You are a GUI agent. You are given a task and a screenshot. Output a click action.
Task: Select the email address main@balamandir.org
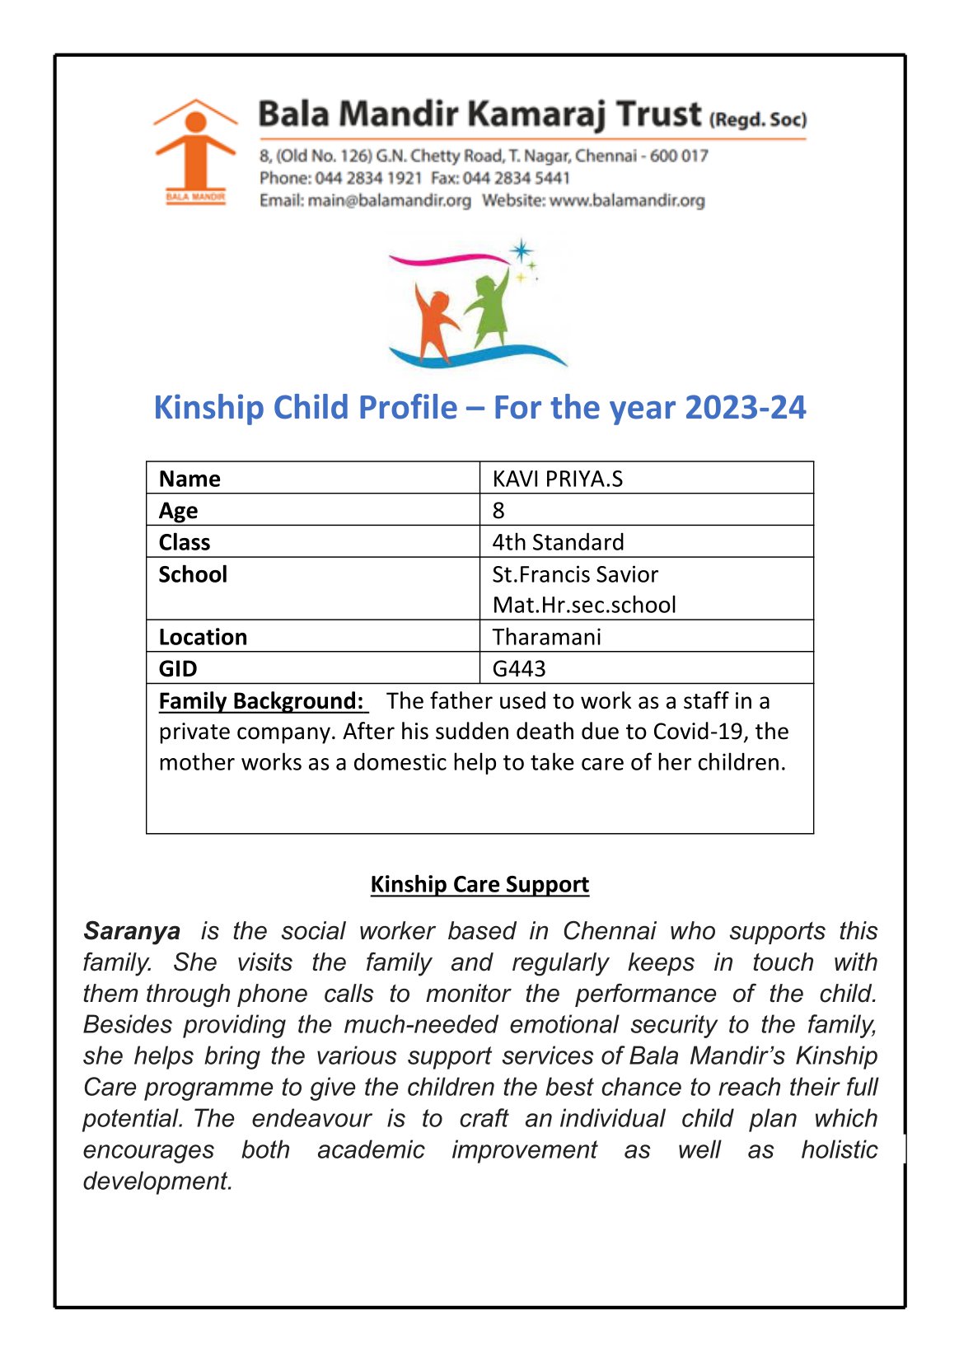tap(389, 200)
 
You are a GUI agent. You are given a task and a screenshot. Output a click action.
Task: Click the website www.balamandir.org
tap(627, 200)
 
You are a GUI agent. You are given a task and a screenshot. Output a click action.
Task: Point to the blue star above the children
tap(521, 250)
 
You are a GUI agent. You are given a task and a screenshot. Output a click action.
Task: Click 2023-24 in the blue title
tap(745, 408)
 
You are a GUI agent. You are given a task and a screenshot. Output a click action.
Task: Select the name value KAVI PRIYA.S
tap(557, 479)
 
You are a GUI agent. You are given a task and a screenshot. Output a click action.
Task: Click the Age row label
tap(179, 511)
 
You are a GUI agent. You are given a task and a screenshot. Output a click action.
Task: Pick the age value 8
tap(498, 511)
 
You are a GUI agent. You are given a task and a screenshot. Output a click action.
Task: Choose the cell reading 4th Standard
tap(558, 542)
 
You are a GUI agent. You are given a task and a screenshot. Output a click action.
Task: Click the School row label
tap(193, 574)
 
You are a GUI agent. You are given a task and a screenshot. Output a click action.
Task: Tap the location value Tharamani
tap(546, 637)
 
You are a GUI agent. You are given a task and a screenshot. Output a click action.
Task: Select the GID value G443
tap(519, 668)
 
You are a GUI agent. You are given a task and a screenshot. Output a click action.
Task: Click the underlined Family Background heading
tap(261, 701)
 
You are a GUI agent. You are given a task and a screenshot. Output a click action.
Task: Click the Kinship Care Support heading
tap(479, 884)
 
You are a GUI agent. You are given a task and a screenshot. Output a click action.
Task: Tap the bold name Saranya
tap(132, 931)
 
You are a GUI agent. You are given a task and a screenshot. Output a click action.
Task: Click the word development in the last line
tap(157, 1181)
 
